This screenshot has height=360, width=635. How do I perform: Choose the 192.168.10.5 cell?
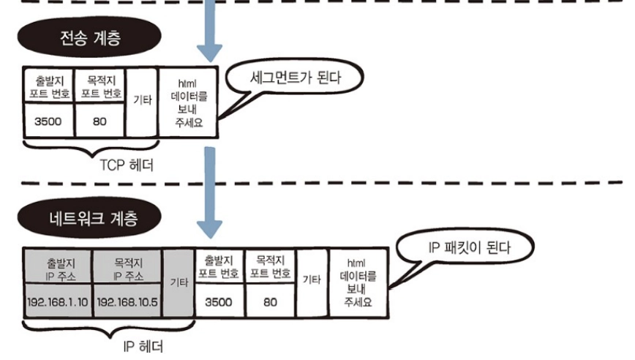click(127, 301)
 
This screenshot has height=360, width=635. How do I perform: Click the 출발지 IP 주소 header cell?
click(59, 269)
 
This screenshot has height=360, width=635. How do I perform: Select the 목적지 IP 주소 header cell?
click(127, 269)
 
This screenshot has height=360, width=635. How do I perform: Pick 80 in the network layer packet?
click(271, 301)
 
